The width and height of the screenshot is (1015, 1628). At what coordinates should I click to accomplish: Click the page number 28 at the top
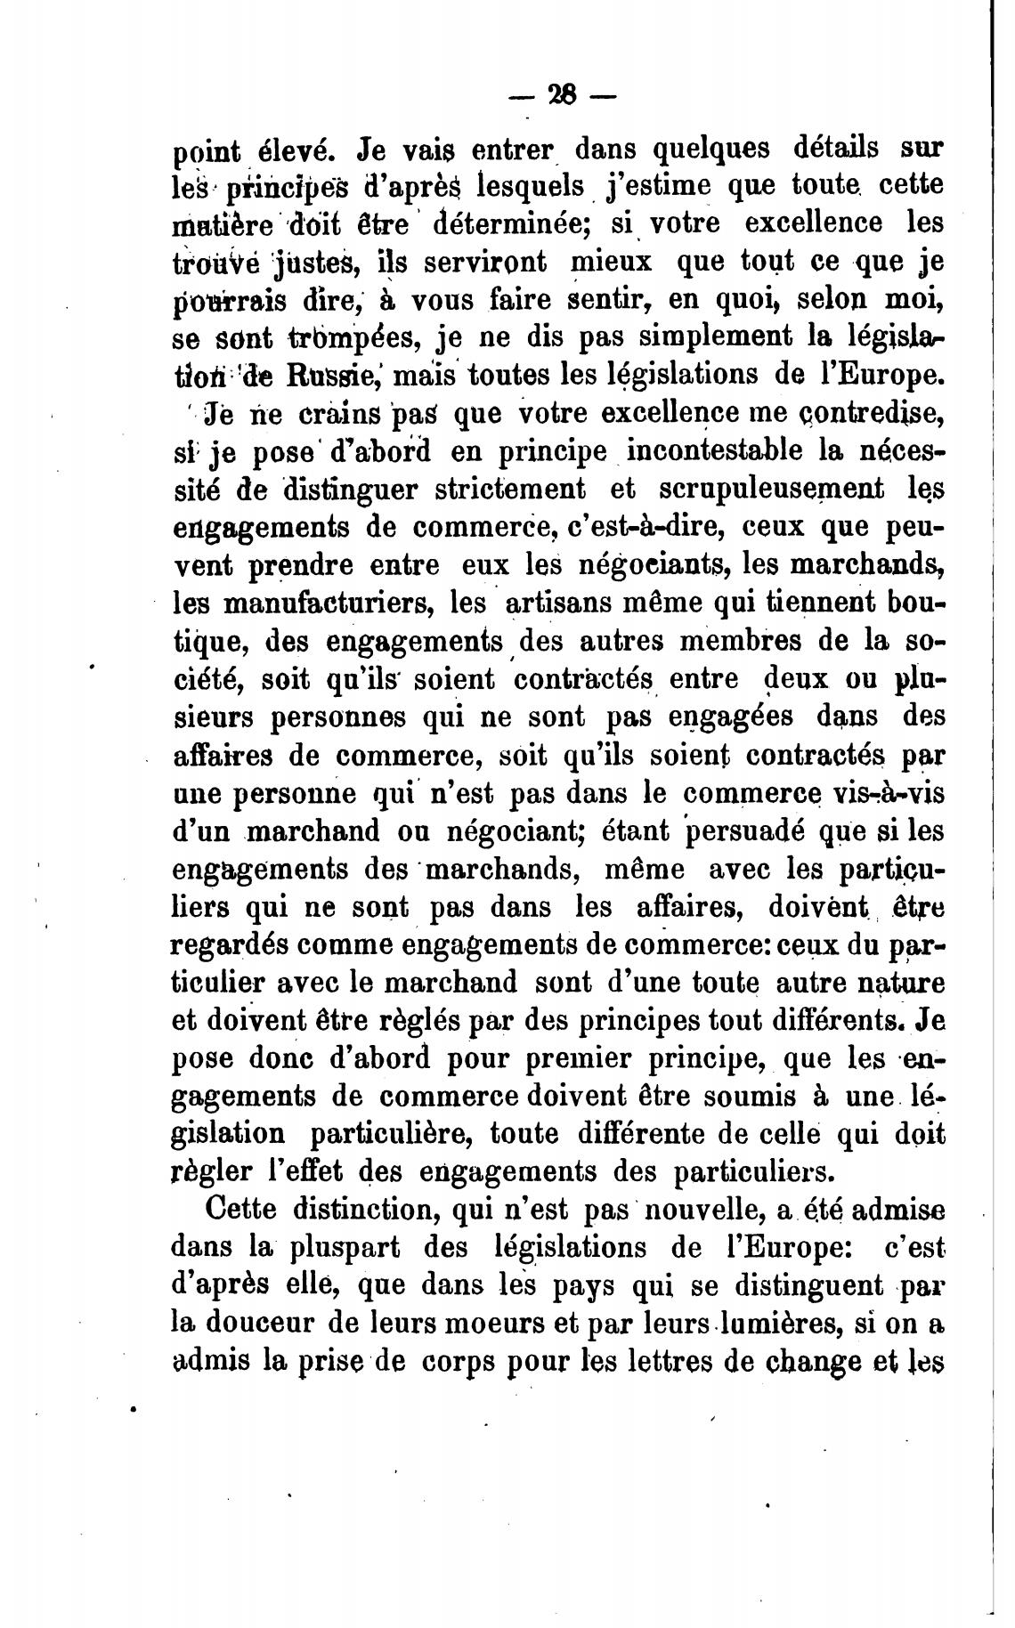(x=564, y=95)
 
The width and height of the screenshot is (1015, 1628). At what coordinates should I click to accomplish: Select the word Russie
(x=334, y=374)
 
